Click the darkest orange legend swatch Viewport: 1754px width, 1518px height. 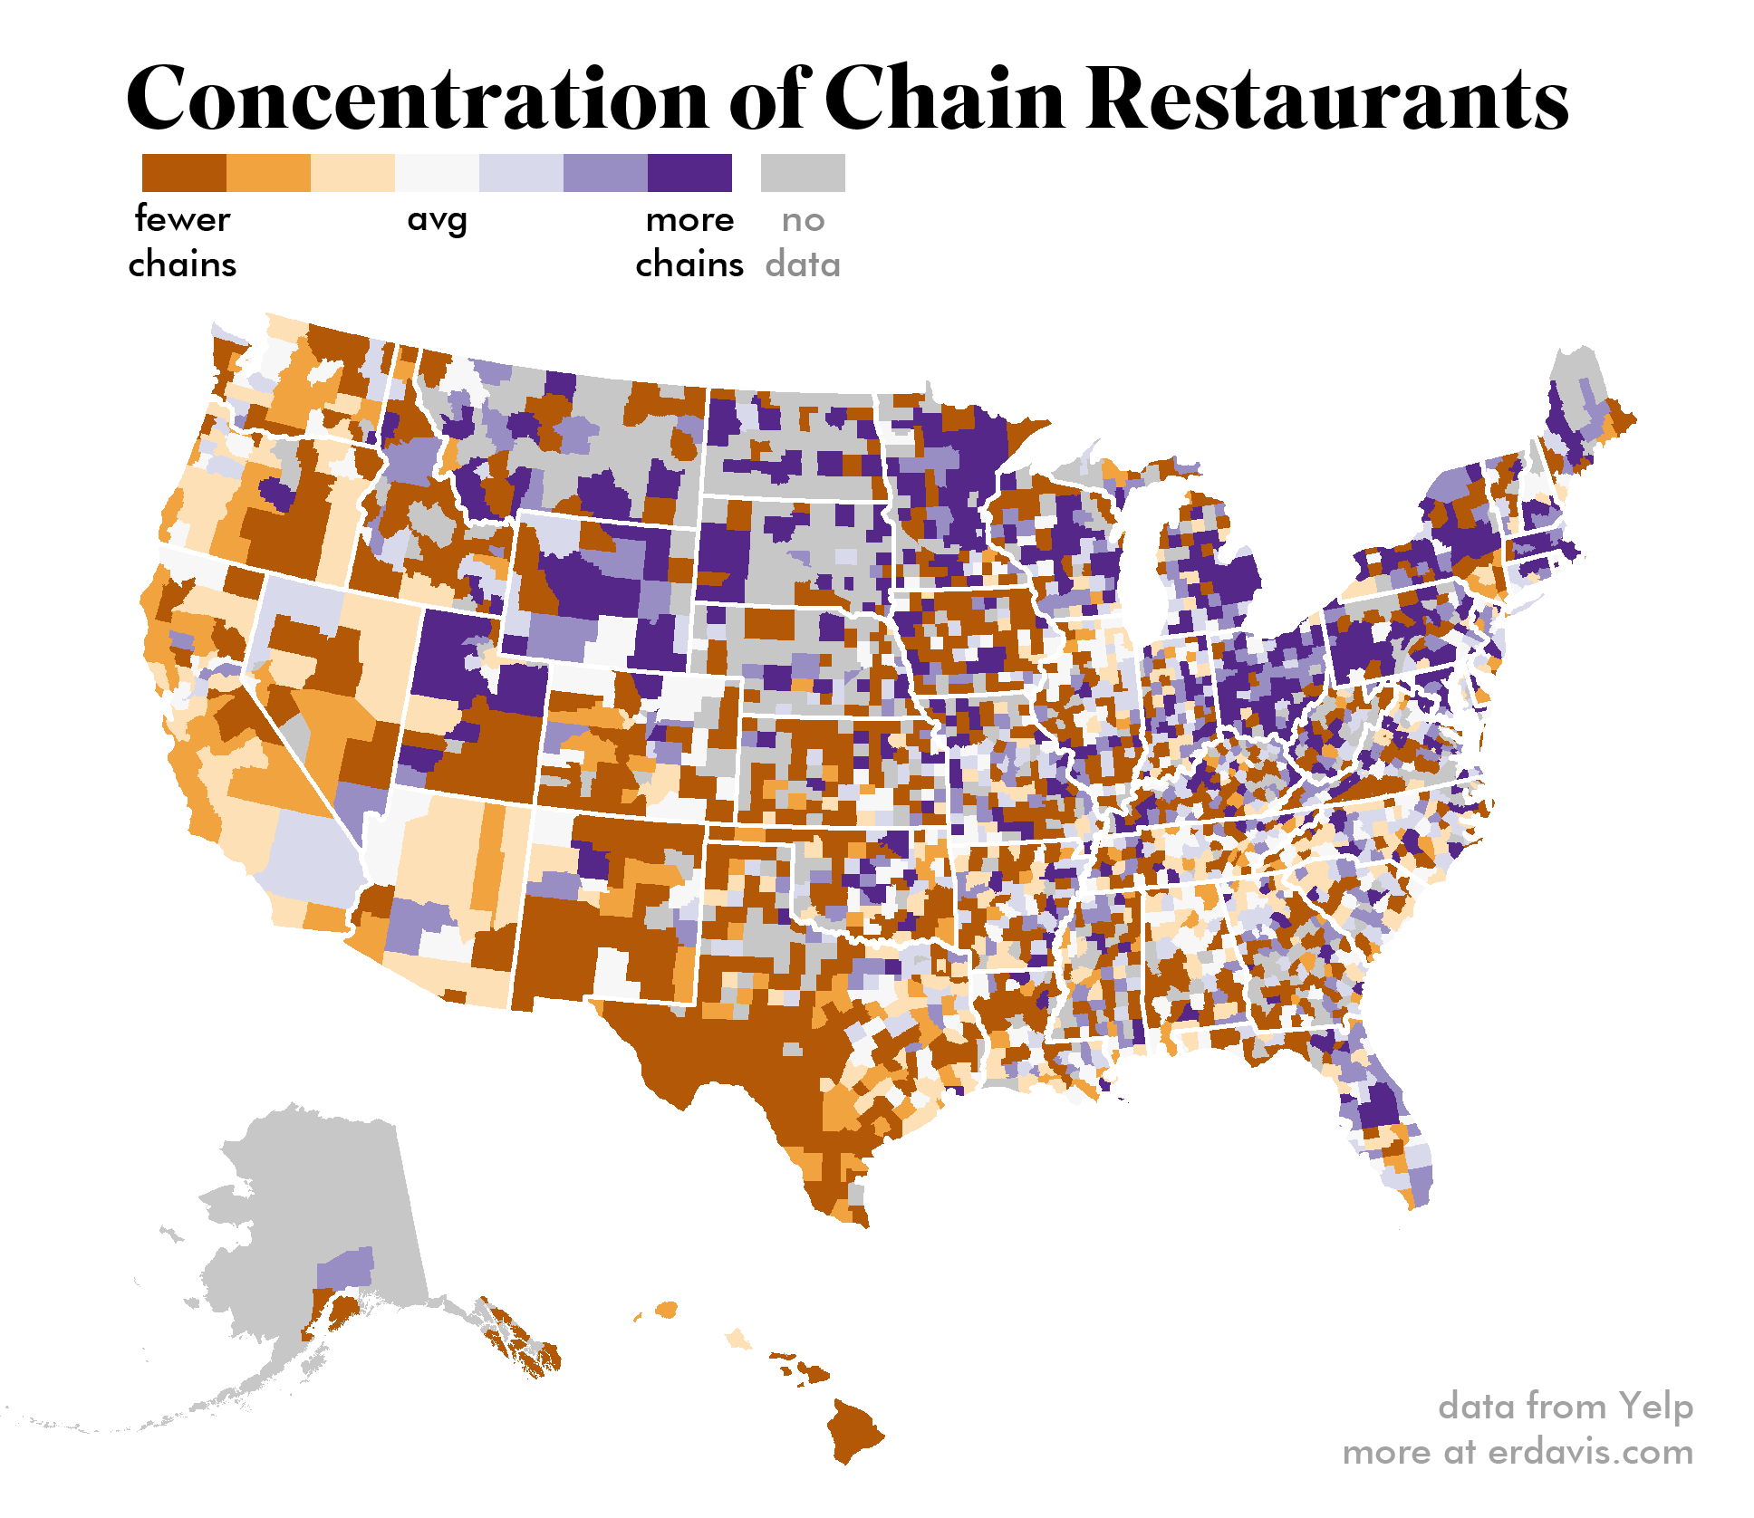click(x=184, y=173)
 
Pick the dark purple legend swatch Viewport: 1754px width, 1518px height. click(x=689, y=173)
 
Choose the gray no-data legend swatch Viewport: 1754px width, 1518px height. click(x=803, y=173)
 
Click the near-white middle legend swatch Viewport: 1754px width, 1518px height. click(x=437, y=173)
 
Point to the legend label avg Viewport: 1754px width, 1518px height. click(x=437, y=220)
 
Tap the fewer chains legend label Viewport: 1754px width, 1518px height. click(x=182, y=242)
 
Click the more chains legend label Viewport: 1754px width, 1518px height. click(x=689, y=242)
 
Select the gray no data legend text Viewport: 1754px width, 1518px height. click(x=803, y=242)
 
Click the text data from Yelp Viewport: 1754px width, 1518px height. click(x=1565, y=1406)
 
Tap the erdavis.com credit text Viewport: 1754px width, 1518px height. click(x=1518, y=1452)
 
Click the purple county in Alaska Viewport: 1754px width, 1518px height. click(x=345, y=1269)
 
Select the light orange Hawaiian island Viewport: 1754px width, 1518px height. click(x=739, y=1339)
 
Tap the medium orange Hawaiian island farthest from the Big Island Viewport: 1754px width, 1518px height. click(x=667, y=1310)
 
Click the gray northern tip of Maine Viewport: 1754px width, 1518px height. click(x=1576, y=371)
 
